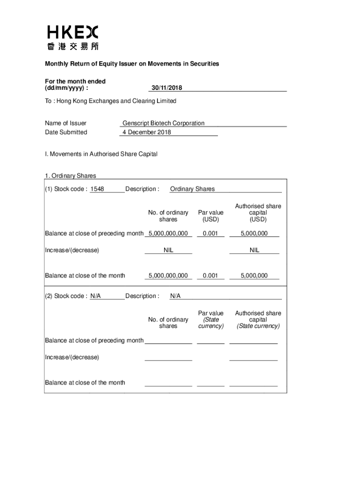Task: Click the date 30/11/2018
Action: [166, 88]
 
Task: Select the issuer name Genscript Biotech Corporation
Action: [163, 123]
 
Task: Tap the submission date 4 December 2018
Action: [147, 132]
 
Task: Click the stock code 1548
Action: [97, 189]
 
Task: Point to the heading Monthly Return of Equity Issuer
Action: [132, 64]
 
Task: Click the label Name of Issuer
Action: [65, 123]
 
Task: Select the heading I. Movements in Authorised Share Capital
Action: [101, 154]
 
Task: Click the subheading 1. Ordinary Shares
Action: [71, 176]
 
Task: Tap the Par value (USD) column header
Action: [210, 216]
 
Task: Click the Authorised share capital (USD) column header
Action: [258, 212]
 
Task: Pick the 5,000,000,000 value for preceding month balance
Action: [168, 233]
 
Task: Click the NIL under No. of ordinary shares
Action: [168, 250]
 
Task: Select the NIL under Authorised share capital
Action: [254, 250]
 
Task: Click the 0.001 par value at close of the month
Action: [210, 276]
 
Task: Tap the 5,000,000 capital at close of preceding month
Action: [254, 233]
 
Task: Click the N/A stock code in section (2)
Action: [95, 296]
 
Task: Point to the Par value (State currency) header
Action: [211, 319]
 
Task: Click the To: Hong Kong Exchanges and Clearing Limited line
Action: [111, 101]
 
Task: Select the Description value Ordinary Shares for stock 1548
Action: [193, 189]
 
